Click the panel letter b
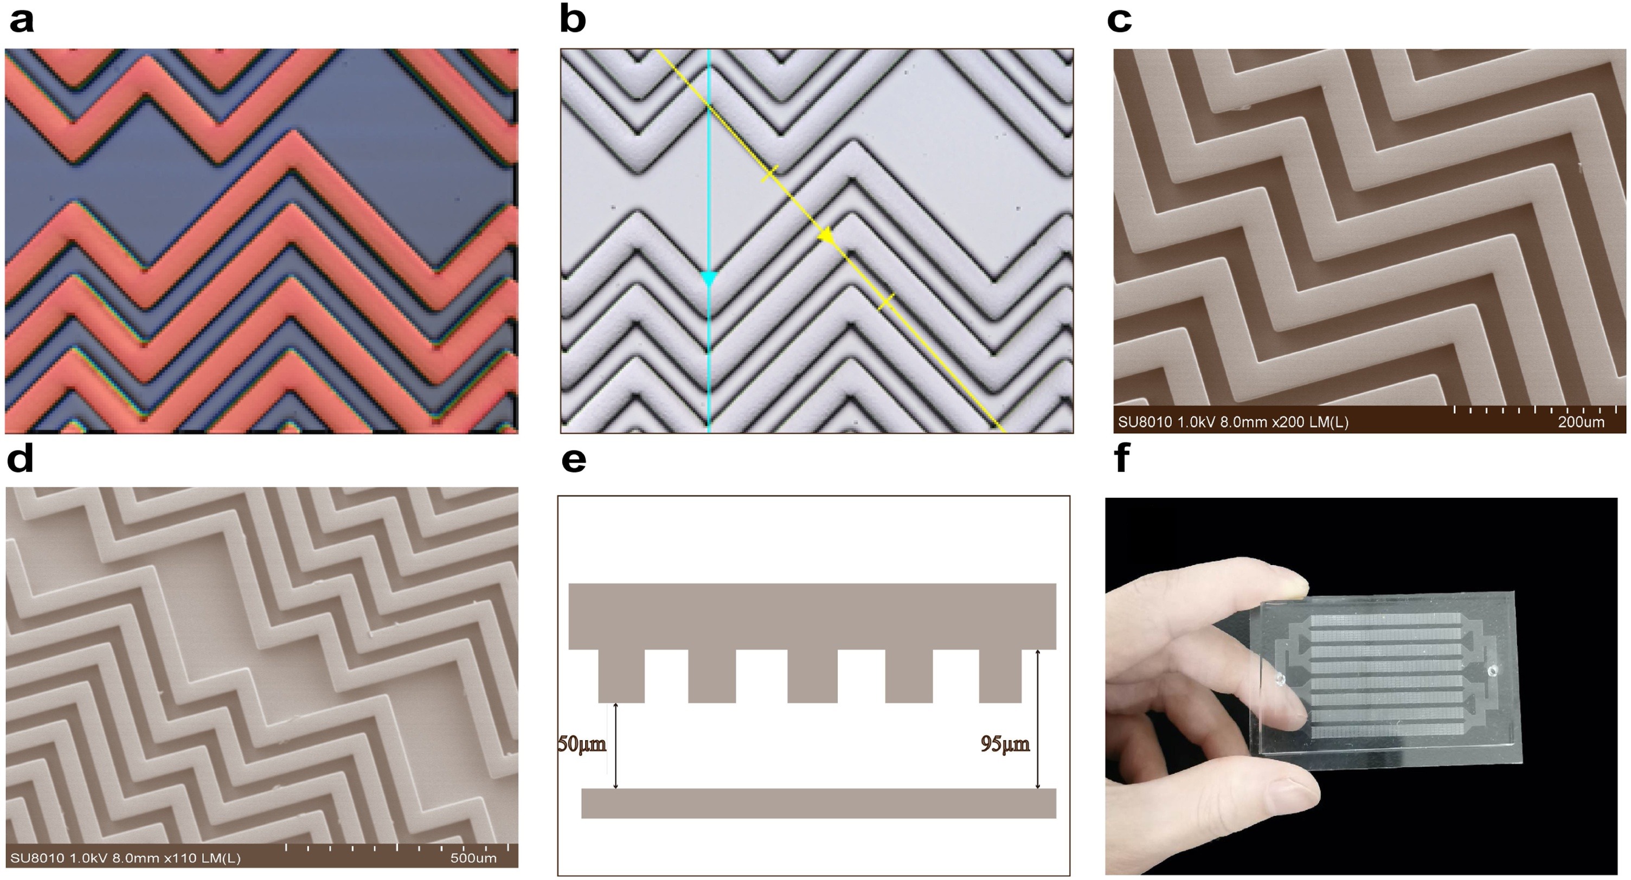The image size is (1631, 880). point(573,19)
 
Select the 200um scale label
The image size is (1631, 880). point(1581,422)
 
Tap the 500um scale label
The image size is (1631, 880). point(473,858)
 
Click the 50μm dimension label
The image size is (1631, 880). point(582,744)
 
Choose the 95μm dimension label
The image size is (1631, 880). point(1005,744)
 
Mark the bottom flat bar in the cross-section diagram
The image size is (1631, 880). point(819,804)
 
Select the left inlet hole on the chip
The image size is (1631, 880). point(1280,679)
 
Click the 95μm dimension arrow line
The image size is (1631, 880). point(1037,718)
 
